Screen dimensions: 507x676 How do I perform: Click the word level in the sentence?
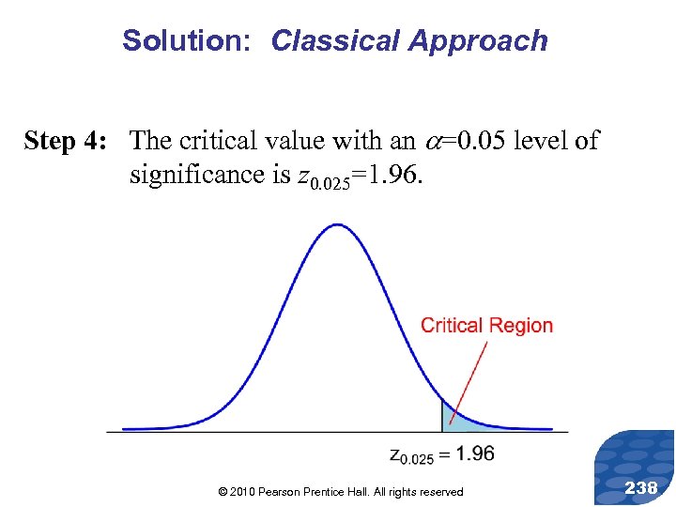click(540, 141)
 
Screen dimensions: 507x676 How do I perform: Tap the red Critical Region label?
click(486, 326)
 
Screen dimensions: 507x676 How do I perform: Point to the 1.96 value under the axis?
click(472, 453)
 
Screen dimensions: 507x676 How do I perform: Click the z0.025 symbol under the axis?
click(410, 456)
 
